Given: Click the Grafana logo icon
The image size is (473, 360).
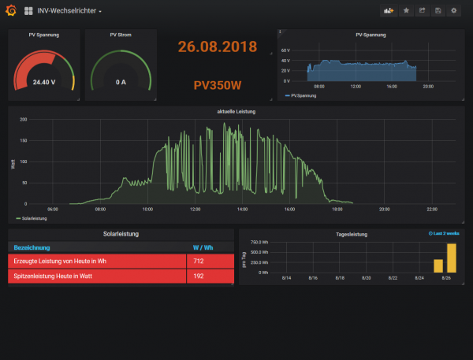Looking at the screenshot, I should (10, 10).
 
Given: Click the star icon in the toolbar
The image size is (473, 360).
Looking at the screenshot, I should (406, 11).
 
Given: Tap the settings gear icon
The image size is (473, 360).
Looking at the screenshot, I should (453, 11).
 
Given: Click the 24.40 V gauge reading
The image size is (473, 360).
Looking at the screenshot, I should (43, 81).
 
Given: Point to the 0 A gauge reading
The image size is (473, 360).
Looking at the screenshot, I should (121, 81).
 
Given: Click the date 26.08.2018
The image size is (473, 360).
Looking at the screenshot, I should (218, 46).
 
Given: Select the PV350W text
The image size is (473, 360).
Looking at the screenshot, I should (218, 84).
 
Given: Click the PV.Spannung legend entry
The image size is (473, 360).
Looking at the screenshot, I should (302, 96).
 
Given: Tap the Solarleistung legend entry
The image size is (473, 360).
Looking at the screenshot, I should (33, 218).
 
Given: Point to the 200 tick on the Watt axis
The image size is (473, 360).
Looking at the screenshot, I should (23, 120).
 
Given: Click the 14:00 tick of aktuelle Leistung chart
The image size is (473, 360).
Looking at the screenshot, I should (242, 210).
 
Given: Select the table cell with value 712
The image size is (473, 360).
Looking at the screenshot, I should (199, 261).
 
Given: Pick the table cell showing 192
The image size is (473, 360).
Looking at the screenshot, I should (199, 276).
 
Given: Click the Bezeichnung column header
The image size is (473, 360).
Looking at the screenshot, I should (32, 247).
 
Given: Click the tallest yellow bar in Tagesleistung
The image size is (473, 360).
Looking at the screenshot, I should (452, 258).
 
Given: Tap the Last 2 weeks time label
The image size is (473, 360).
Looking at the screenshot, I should (443, 234).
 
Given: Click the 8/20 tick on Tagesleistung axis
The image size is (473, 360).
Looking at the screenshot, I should (366, 278).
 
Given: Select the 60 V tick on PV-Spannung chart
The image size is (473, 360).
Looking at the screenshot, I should (287, 50).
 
